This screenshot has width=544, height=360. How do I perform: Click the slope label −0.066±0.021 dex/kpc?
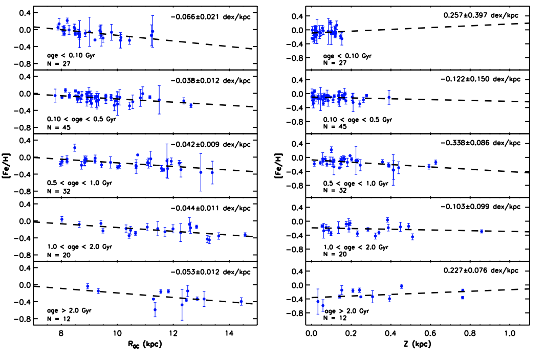pos(210,17)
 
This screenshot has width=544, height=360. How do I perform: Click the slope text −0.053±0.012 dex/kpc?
pos(210,272)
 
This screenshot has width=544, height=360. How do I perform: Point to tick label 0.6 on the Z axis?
pos(430,332)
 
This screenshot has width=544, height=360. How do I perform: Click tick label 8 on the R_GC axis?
pos(61,332)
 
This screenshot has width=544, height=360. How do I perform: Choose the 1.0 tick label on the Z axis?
pos(510,332)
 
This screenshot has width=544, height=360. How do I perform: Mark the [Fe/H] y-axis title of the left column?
pos(9,166)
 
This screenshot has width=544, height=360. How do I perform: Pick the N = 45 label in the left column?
pos(59,127)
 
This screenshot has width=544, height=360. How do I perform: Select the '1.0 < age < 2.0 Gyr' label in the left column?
pos(79,246)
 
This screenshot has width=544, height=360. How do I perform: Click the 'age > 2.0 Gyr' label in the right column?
pos(346,310)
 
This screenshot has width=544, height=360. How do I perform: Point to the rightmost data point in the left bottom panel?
pos(241,301)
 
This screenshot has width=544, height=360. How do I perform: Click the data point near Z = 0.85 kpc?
pos(481,231)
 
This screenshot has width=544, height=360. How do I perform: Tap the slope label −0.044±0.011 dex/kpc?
pos(210,208)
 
